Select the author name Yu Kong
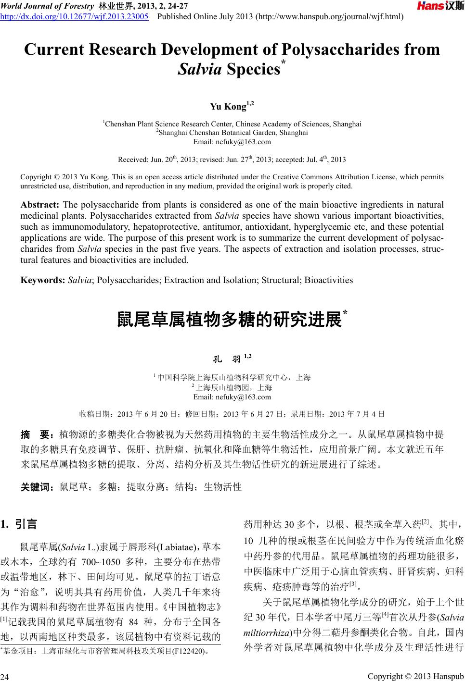pos(229,107)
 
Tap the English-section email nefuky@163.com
pos(232,142)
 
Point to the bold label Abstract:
pos(40,204)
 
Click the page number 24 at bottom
pos(6,677)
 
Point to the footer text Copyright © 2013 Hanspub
pos(415,676)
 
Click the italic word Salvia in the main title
pos(199,70)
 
